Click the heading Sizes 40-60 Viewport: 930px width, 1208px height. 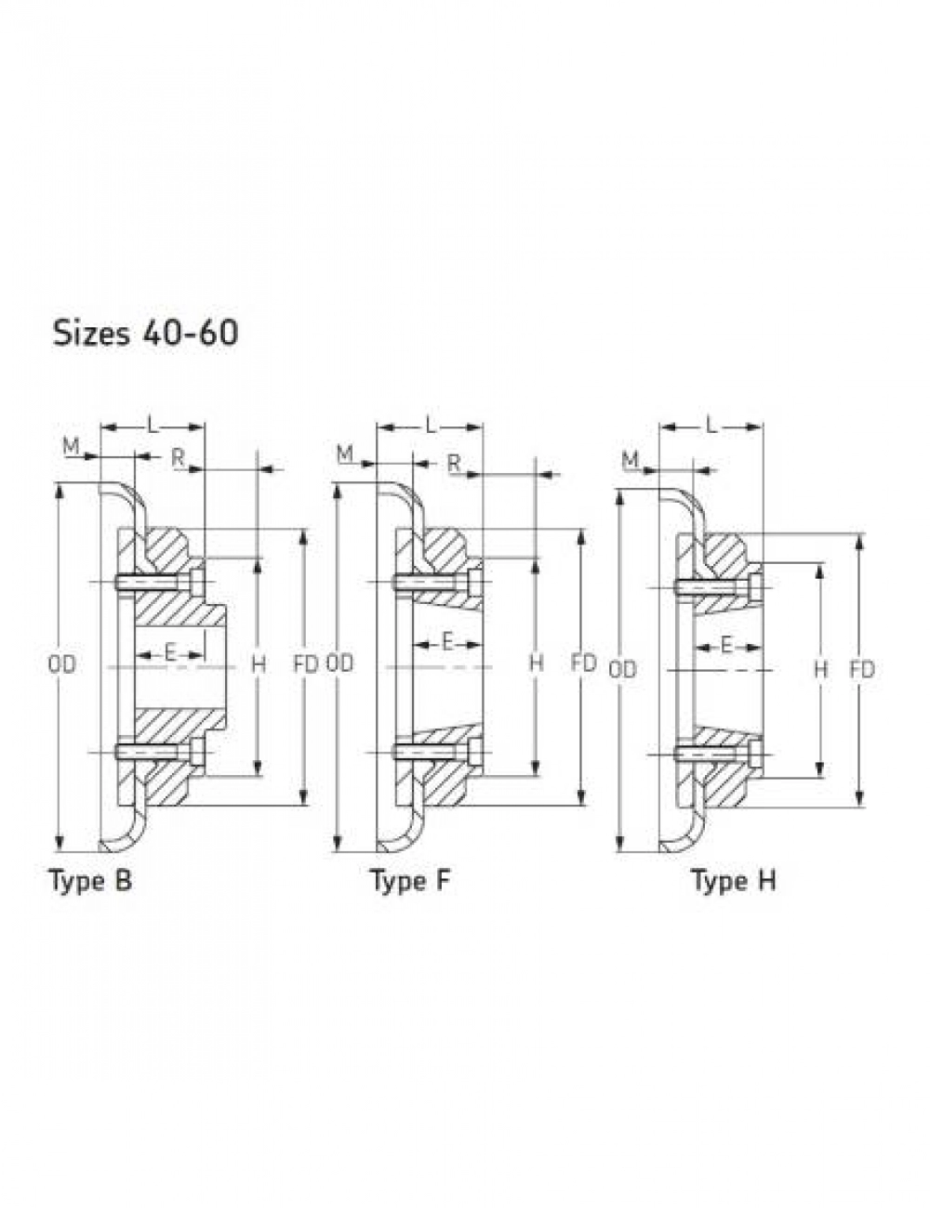pos(145,334)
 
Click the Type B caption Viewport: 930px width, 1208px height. pos(92,882)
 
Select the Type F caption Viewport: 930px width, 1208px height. pos(410,882)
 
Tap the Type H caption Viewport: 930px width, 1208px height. pos(734,882)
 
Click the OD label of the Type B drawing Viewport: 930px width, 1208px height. pos(61,665)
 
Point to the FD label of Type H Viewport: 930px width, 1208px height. pos(862,670)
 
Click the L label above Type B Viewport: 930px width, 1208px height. pos(153,427)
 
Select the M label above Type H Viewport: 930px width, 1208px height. pos(630,459)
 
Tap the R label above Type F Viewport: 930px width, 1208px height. pos(455,463)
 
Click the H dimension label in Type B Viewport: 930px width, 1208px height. pos(259,664)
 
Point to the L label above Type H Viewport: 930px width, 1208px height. pos(711,426)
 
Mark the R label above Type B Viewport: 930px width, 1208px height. pos(178,457)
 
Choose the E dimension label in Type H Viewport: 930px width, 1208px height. pos(726,646)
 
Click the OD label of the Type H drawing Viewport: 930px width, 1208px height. pos(622,670)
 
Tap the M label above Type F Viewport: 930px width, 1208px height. pos(345,454)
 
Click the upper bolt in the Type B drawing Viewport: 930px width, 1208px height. pos(160,582)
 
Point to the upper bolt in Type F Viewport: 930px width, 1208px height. pos(437,582)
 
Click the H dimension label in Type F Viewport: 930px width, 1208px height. pos(537,663)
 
